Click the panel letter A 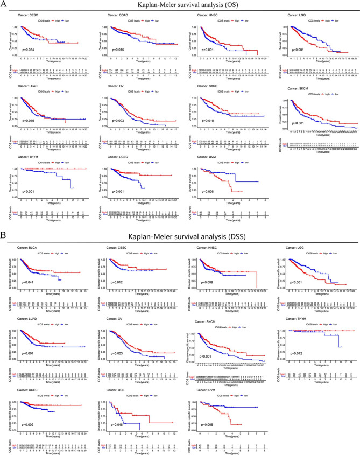[4, 4]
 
